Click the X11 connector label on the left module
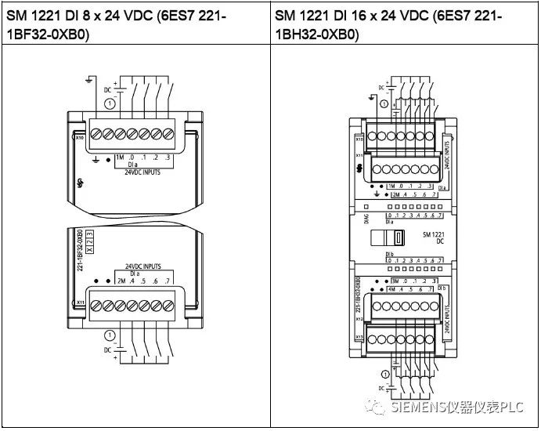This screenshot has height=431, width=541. pyautogui.click(x=81, y=301)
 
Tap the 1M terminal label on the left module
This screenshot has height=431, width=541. pyautogui.click(x=120, y=158)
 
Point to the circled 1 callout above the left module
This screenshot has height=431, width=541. pyautogui.click(x=110, y=103)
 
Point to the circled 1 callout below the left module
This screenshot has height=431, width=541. pyautogui.click(x=110, y=335)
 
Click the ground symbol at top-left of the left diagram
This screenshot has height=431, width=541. pyautogui.click(x=91, y=80)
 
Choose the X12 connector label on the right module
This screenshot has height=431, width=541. pyautogui.click(x=359, y=319)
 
